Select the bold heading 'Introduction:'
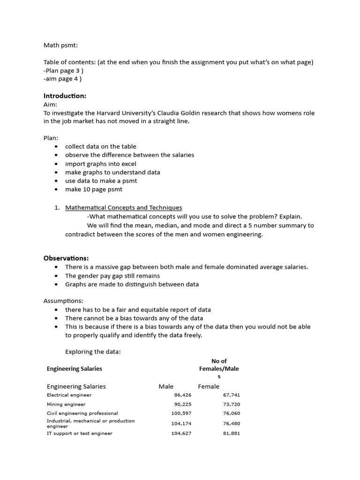(x=65, y=96)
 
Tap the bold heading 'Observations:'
(x=66, y=258)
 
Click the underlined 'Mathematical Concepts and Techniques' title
(x=124, y=207)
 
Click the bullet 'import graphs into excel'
(x=101, y=164)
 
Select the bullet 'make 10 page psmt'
(x=94, y=189)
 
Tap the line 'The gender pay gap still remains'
(x=112, y=276)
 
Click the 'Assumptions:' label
(x=63, y=300)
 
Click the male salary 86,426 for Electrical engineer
(x=182, y=395)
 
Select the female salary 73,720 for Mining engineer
(x=231, y=404)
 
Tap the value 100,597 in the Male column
(x=181, y=413)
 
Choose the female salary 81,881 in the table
(x=231, y=433)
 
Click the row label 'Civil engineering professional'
(x=82, y=413)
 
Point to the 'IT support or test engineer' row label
(x=80, y=433)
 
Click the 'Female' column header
(x=209, y=386)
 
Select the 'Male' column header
(x=166, y=386)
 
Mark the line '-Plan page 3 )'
(x=64, y=70)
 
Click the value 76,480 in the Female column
(x=231, y=423)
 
